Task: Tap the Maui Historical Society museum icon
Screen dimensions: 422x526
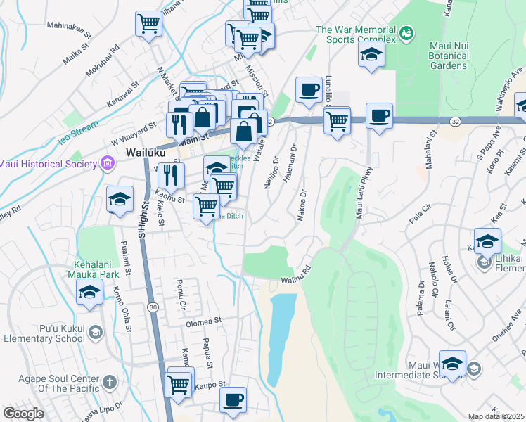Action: point(107,165)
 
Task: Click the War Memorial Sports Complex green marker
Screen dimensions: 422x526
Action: point(406,32)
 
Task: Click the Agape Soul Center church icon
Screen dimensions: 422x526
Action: point(108,382)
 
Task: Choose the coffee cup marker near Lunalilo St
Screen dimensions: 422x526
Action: point(308,89)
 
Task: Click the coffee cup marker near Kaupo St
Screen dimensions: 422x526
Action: point(233,399)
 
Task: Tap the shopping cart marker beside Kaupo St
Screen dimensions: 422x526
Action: point(180,383)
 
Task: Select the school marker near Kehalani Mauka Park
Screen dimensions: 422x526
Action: point(90,292)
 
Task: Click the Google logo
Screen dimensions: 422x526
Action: point(23,414)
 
